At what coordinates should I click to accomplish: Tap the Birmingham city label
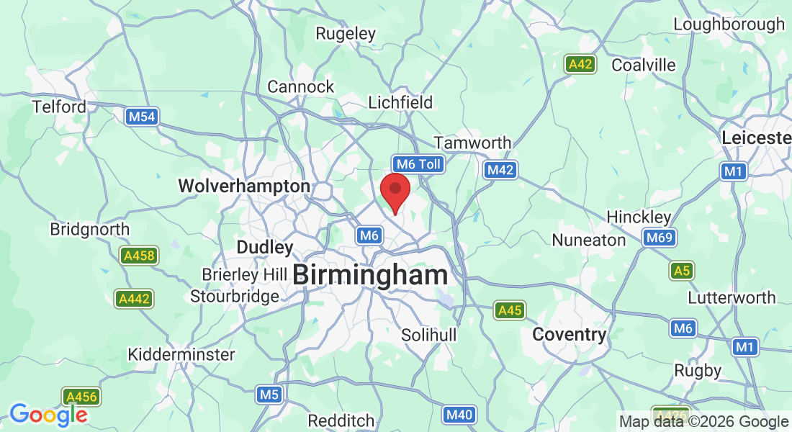click(371, 274)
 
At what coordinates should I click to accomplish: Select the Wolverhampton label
click(244, 186)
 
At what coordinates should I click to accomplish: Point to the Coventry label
click(569, 334)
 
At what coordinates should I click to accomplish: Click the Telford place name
click(59, 107)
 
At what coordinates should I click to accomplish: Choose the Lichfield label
click(400, 102)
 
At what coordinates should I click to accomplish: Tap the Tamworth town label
click(472, 143)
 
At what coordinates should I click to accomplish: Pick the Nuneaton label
click(588, 240)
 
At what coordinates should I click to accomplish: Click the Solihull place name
click(428, 336)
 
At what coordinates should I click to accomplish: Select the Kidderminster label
click(181, 354)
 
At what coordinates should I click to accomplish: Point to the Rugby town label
click(698, 370)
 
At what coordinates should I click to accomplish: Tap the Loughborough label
click(729, 24)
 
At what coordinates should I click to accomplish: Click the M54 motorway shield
click(141, 116)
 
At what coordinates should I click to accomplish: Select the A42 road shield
click(580, 64)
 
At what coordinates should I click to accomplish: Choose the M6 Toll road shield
click(418, 164)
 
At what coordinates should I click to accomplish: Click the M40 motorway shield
click(459, 414)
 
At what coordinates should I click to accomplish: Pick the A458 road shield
click(139, 255)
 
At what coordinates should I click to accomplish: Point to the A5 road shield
click(681, 271)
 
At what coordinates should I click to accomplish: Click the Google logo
click(48, 414)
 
